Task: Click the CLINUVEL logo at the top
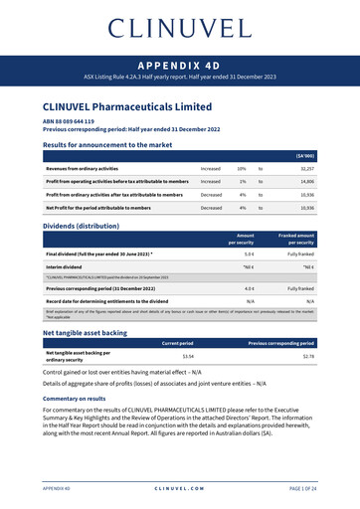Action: point(180,27)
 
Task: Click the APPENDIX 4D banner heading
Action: point(180,62)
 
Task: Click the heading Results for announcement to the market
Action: point(107,145)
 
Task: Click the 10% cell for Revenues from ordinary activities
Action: point(242,169)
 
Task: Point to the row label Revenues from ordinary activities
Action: point(96,169)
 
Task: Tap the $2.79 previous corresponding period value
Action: point(308,356)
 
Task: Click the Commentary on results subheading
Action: point(75,398)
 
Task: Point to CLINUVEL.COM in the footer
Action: point(180,489)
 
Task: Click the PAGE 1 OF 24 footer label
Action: point(302,489)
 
